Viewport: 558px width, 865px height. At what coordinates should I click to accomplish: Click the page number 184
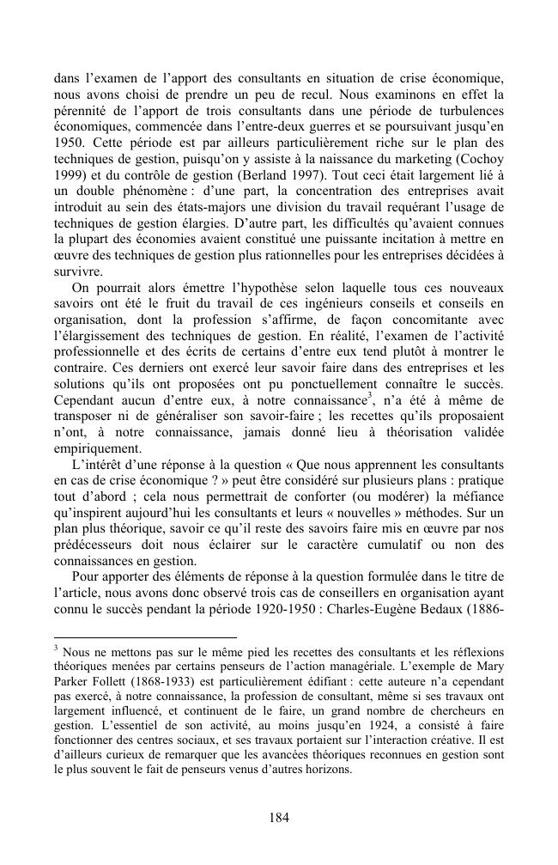click(x=278, y=817)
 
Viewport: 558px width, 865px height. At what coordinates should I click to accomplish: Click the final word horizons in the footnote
click(x=327, y=771)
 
